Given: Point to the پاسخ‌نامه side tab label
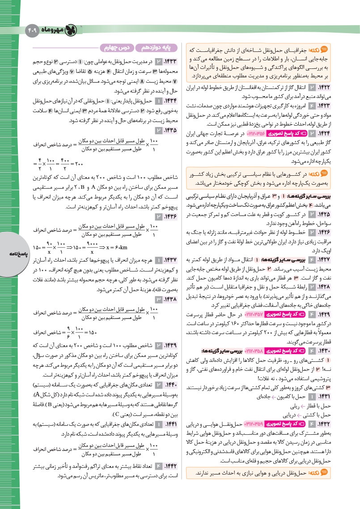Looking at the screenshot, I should click(x=9, y=254).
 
